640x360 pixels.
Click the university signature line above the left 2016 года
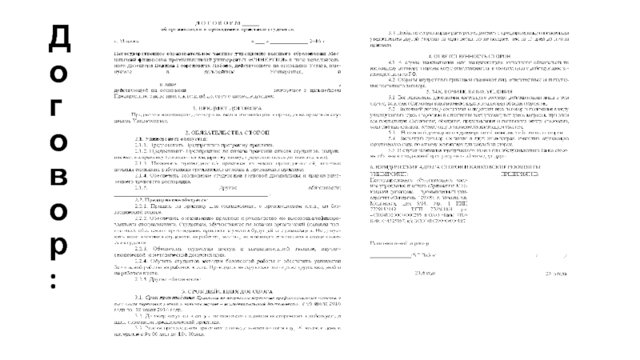click(390, 254)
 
